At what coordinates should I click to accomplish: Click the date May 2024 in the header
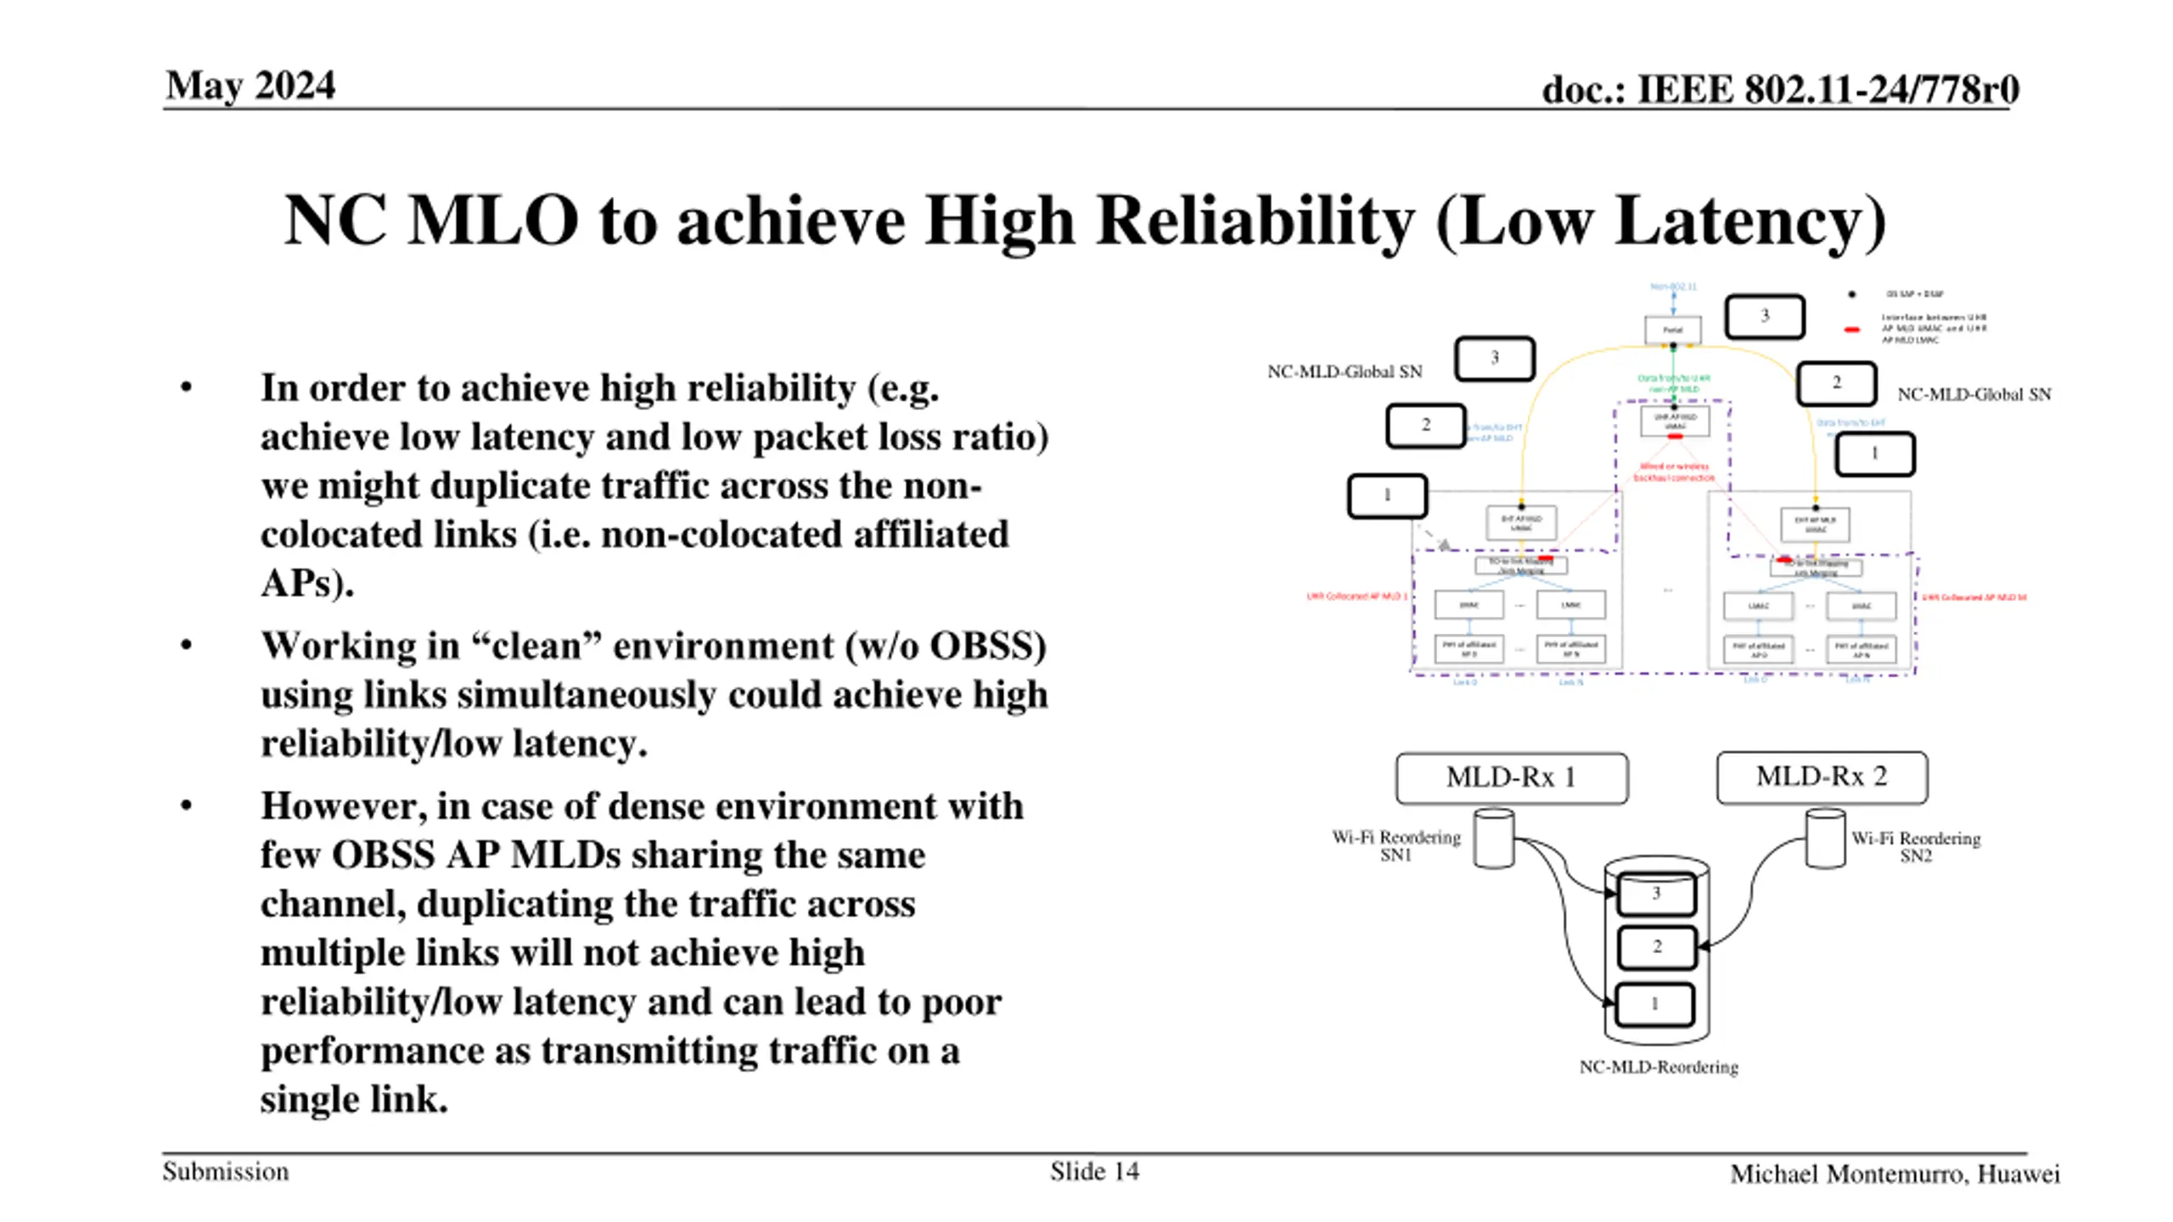[x=250, y=86]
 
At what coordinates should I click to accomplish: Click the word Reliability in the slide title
[x=1255, y=221]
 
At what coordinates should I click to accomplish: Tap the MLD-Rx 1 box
[x=1511, y=777]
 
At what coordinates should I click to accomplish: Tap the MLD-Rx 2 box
[x=1822, y=776]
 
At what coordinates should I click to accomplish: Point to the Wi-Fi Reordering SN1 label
[x=1396, y=845]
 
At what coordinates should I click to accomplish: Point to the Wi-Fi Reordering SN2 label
[x=1916, y=846]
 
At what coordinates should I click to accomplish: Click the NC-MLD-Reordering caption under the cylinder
[x=1658, y=1067]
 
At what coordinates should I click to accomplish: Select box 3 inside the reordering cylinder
[x=1656, y=894]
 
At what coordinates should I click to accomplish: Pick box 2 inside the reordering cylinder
[x=1656, y=947]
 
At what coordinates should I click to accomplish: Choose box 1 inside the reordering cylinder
[x=1654, y=1004]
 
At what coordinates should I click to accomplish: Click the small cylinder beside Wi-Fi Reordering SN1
[x=1494, y=838]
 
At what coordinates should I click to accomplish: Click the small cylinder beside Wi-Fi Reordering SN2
[x=1825, y=838]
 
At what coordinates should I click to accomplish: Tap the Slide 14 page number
[x=1094, y=1171]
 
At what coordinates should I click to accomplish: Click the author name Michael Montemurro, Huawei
[x=1895, y=1174]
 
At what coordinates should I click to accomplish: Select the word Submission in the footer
[x=226, y=1171]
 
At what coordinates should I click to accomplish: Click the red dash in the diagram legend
[x=1852, y=329]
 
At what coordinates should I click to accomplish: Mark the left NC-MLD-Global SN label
[x=1345, y=372]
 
